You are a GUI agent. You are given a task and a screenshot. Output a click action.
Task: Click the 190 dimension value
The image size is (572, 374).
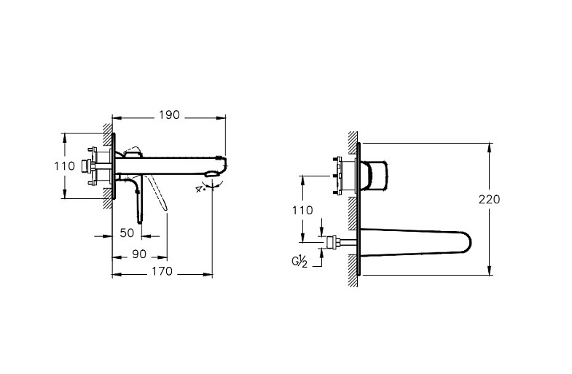pyautogui.click(x=170, y=115)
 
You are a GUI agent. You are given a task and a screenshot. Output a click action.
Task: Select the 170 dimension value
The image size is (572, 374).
pyautogui.click(x=162, y=271)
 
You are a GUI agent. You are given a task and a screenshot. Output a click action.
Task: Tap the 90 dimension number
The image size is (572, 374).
pyautogui.click(x=139, y=254)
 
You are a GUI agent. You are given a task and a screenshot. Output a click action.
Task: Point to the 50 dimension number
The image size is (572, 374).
pyautogui.click(x=127, y=233)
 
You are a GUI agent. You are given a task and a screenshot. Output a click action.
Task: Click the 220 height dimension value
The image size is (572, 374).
pyautogui.click(x=490, y=200)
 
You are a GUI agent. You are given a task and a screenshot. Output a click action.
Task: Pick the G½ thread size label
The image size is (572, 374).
pyautogui.click(x=299, y=262)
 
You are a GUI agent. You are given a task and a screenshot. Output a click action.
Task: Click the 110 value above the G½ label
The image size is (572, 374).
pyautogui.click(x=303, y=210)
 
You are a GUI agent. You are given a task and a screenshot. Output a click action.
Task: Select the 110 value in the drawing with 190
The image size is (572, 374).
pyautogui.click(x=65, y=166)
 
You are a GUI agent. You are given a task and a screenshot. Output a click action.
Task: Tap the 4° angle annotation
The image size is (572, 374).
pyautogui.click(x=199, y=189)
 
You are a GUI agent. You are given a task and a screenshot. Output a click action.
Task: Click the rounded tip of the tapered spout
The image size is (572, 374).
pyautogui.click(x=469, y=242)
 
